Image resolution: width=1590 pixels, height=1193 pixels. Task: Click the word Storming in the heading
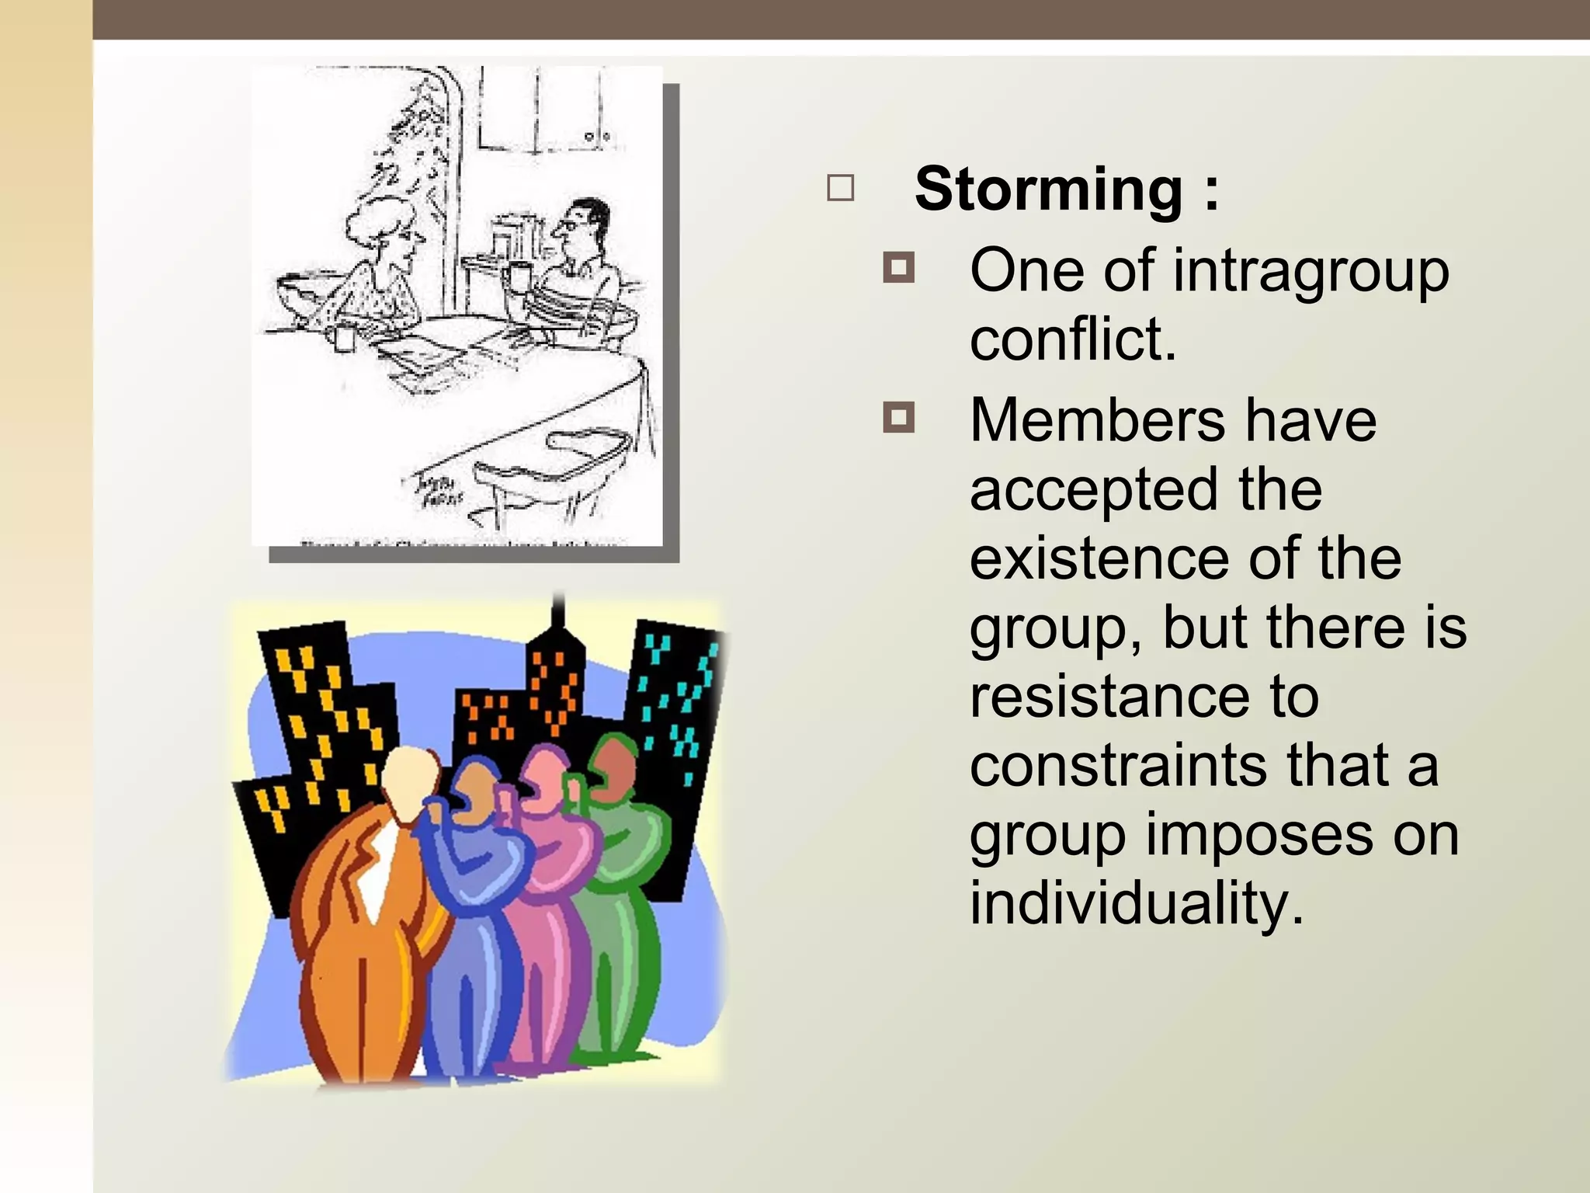[1048, 189]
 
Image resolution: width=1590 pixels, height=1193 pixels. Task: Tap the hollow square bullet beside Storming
[841, 189]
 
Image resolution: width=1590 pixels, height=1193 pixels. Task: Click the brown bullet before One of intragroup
[898, 268]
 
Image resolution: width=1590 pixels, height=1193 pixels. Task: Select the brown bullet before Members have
[898, 418]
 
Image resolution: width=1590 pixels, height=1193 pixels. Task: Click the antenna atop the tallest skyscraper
[557, 614]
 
